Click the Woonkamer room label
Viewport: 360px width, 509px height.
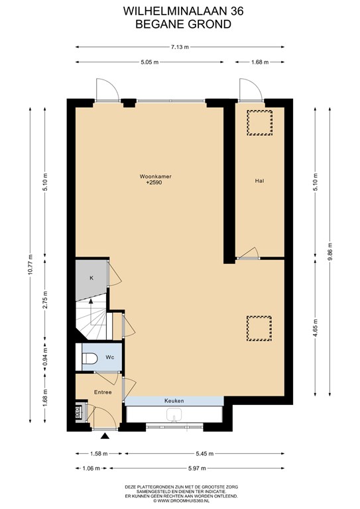click(x=156, y=176)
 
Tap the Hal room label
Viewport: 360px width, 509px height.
click(x=259, y=181)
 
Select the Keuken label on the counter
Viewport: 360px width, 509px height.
click(x=174, y=401)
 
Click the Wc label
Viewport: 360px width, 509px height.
click(x=109, y=357)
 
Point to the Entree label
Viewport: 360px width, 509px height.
click(x=103, y=392)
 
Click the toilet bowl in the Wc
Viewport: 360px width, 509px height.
click(x=90, y=359)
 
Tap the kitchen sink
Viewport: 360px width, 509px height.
click(x=174, y=415)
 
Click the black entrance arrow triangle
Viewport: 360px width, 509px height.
click(x=105, y=436)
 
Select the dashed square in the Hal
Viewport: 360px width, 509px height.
click(x=259, y=123)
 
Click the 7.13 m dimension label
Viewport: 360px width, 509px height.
click(x=180, y=47)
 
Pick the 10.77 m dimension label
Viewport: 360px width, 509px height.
click(x=30, y=264)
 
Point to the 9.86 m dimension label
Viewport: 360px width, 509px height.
click(x=330, y=252)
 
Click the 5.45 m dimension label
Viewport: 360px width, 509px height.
click(x=204, y=454)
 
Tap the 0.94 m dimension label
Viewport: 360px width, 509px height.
click(x=45, y=357)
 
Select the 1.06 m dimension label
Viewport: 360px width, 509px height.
click(x=91, y=468)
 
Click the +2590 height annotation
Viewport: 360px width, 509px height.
click(x=154, y=183)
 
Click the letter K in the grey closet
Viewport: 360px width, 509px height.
click(x=91, y=278)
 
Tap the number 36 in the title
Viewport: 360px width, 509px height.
click(x=237, y=11)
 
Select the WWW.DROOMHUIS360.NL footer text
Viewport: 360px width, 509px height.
click(x=182, y=501)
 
